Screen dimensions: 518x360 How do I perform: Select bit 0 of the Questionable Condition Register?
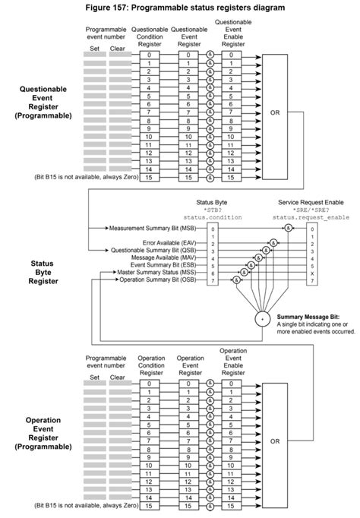(150, 55)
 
